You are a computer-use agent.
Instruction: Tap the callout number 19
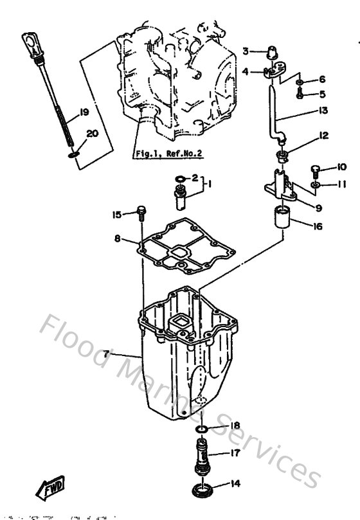pyautogui.click(x=82, y=113)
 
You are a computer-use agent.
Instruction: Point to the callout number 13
pyautogui.click(x=323, y=111)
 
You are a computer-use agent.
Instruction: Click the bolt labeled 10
pyautogui.click(x=314, y=169)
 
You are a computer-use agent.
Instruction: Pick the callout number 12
pyautogui.click(x=323, y=136)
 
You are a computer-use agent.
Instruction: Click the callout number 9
pyautogui.click(x=318, y=207)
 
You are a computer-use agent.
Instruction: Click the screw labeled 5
pyautogui.click(x=301, y=94)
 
